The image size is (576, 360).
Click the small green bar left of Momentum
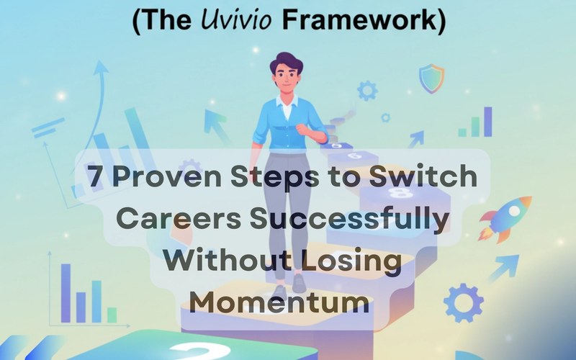point(112,314)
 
